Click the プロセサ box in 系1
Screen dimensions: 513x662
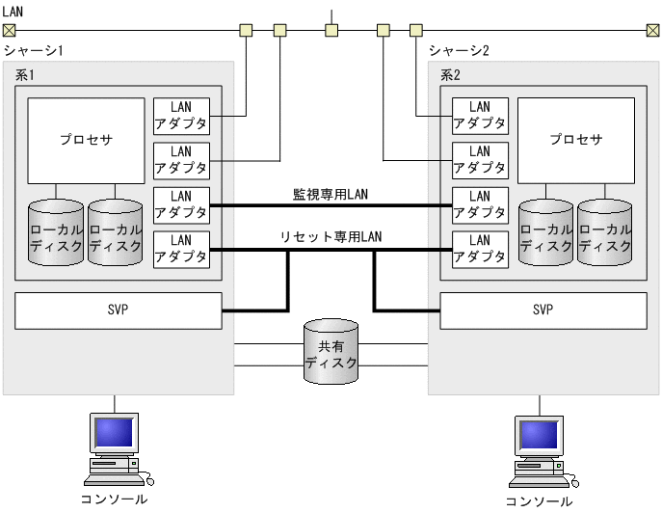click(86, 140)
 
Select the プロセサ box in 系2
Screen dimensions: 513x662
click(576, 140)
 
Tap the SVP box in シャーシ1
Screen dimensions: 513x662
click(119, 310)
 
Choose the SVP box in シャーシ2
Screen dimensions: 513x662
click(543, 310)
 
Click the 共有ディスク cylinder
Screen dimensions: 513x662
click(331, 353)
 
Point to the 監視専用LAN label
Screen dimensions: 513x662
click(330, 194)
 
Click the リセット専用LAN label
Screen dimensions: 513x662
click(330, 237)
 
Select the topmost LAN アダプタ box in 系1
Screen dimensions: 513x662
click(181, 116)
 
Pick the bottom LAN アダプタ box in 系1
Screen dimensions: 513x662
click(181, 249)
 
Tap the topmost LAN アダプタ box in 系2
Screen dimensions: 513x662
click(480, 116)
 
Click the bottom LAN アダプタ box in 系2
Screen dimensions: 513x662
click(480, 249)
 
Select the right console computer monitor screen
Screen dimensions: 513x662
click(539, 436)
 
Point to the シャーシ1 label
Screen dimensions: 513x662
click(33, 50)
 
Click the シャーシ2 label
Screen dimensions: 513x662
click(459, 50)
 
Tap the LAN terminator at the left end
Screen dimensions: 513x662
click(9, 30)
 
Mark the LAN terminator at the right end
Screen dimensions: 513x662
click(652, 30)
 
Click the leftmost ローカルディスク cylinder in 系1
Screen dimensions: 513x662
click(56, 232)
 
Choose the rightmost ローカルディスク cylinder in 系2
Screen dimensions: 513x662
click(605, 232)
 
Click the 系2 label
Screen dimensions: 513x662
click(451, 74)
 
